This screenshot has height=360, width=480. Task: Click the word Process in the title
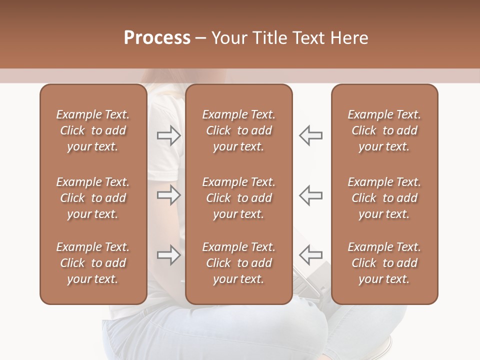point(157,38)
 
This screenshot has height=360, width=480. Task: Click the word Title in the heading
point(269,38)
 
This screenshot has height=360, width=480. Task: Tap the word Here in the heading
point(348,38)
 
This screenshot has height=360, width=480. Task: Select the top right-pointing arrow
point(169,135)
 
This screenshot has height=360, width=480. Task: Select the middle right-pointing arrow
point(169,195)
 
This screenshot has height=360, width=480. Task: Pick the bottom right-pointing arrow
point(169,255)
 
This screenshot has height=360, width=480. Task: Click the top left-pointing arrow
point(311,135)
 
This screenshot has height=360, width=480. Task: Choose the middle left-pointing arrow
point(311,195)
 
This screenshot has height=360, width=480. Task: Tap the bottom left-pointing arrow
point(311,255)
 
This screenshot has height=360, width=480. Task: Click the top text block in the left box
point(93,130)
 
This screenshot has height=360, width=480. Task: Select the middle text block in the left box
point(93,198)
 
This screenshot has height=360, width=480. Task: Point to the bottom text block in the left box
point(93,263)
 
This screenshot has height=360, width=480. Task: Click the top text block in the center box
point(239,130)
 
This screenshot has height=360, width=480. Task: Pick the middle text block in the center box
point(239,198)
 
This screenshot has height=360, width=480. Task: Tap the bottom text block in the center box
point(239,263)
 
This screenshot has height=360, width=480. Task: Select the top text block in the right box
point(384,130)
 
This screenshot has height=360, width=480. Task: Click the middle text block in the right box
point(384,198)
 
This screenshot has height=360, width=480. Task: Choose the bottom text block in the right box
point(384,263)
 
